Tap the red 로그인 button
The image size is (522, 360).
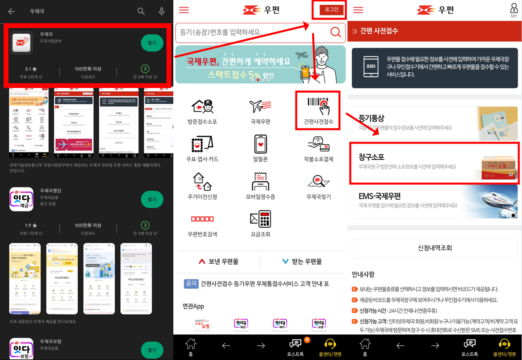click(x=331, y=10)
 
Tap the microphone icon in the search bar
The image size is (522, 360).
click(x=162, y=11)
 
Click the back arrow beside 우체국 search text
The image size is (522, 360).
click(x=12, y=12)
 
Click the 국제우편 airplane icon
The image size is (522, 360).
click(x=260, y=106)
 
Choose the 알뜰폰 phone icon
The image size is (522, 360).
click(x=260, y=144)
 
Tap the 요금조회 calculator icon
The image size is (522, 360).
click(x=260, y=220)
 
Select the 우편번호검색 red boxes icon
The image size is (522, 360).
click(x=202, y=219)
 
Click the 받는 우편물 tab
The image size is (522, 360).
click(x=302, y=262)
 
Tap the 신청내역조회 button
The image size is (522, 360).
click(x=434, y=248)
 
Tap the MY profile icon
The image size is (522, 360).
click(x=514, y=10)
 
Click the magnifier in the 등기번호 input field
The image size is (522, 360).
click(x=335, y=32)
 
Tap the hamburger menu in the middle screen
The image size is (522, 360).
click(x=184, y=10)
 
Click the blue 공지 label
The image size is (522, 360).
click(x=191, y=284)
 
